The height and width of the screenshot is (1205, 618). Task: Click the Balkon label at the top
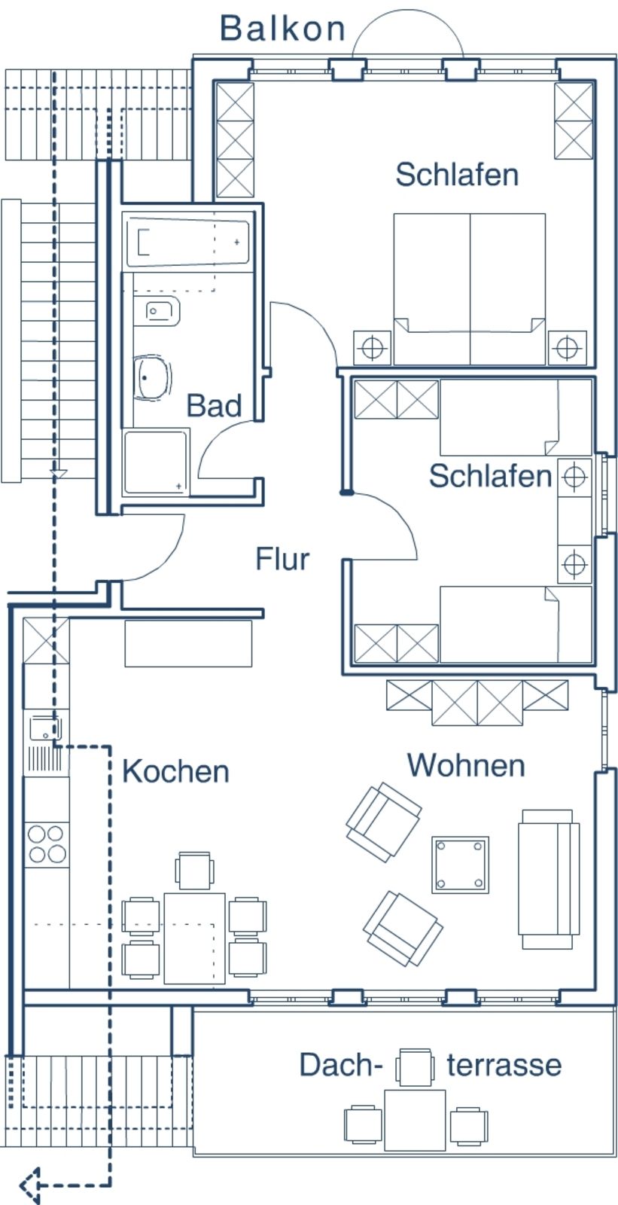(x=282, y=29)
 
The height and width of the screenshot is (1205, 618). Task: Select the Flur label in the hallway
(x=282, y=560)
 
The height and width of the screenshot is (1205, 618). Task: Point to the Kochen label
(x=175, y=771)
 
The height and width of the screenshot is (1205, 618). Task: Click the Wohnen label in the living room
(x=466, y=765)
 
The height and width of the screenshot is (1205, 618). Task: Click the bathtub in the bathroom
(x=187, y=243)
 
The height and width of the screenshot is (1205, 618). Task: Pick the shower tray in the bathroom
(x=157, y=462)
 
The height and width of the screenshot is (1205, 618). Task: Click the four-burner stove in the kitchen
(x=46, y=843)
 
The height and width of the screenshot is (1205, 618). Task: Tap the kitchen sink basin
(x=44, y=728)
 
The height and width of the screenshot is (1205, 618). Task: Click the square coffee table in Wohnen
(x=460, y=864)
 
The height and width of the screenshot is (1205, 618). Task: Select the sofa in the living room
(x=549, y=879)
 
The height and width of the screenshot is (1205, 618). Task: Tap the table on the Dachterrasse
(x=415, y=1119)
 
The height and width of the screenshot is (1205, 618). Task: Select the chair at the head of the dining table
(x=194, y=871)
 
